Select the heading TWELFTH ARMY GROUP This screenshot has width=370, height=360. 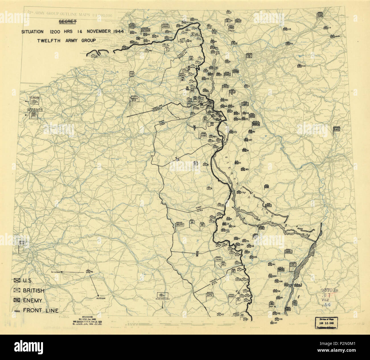66,40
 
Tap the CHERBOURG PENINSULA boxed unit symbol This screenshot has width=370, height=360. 34,115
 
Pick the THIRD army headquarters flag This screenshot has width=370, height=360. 218,260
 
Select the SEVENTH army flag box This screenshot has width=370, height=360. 231,296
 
